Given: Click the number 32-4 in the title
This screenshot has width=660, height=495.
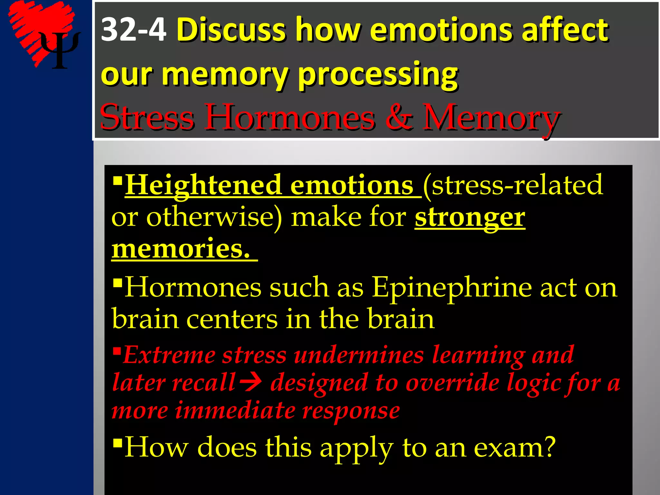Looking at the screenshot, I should click(x=133, y=30).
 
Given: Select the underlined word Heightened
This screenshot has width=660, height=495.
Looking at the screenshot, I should click(x=203, y=185).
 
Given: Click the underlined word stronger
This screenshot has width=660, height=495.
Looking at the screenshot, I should click(x=470, y=218).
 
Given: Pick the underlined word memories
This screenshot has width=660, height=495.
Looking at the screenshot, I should click(x=180, y=249).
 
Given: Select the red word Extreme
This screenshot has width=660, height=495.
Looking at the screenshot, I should click(x=169, y=355).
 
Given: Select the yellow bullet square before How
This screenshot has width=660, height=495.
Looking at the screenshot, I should click(x=118, y=442).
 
